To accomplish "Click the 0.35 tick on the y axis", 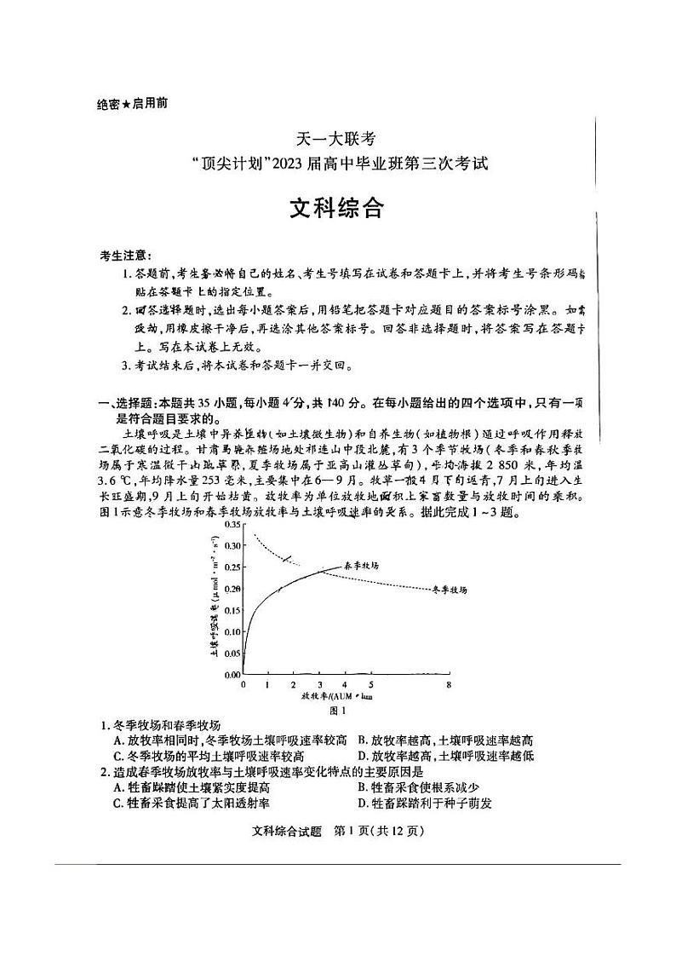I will click(231, 524).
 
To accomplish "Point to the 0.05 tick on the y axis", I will click(231, 653).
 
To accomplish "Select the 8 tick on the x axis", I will click(448, 684).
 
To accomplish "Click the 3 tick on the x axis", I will click(320, 684).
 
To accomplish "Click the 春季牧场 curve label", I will click(361, 565).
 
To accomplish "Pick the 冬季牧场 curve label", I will click(450, 589).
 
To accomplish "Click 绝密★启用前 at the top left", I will click(132, 103).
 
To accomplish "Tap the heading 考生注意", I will click(126, 255).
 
